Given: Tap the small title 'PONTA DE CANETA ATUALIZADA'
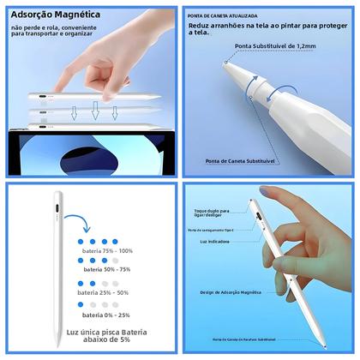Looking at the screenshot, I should point(222,15).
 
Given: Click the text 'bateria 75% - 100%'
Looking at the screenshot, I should point(106,251).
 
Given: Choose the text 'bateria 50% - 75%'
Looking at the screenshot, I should point(104,268).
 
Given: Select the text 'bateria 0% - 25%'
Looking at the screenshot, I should point(104,315).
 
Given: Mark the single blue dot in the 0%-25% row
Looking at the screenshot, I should point(81,306).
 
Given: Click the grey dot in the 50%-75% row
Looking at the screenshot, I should point(114,260).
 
